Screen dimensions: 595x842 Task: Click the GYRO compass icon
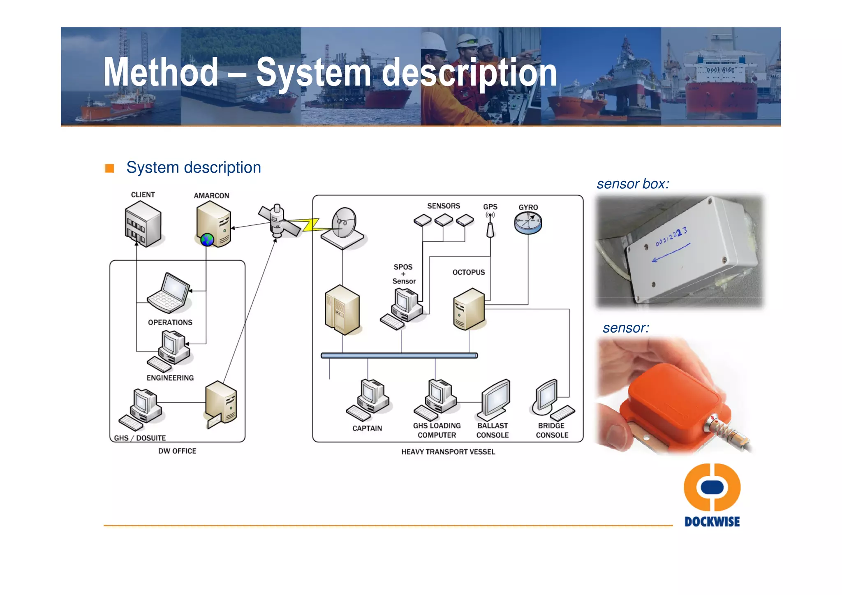click(x=528, y=223)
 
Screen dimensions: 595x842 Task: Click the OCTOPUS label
click(x=469, y=272)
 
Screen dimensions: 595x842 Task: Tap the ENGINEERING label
click(x=170, y=378)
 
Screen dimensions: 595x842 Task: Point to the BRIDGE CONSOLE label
click(x=552, y=430)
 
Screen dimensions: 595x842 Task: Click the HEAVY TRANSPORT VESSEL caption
click(x=448, y=452)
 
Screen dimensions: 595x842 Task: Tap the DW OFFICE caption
click(x=177, y=451)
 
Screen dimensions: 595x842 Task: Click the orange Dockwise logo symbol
click(x=712, y=487)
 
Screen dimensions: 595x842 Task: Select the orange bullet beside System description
click(x=109, y=168)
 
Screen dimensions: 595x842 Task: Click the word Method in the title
click(x=161, y=72)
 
